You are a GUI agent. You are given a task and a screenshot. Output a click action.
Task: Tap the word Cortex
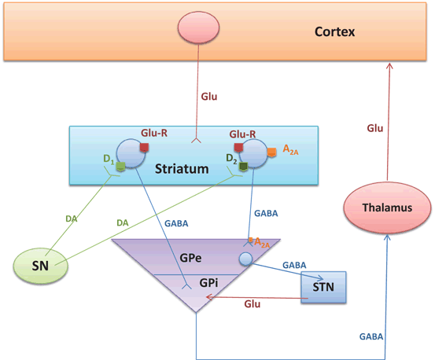tap(334, 32)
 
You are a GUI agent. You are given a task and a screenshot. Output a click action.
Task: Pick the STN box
tap(323, 287)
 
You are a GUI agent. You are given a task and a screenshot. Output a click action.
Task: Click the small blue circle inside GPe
tap(246, 259)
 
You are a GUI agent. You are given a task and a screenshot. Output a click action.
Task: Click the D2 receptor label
tap(232, 160)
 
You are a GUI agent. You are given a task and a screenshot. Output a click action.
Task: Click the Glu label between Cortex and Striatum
tap(208, 97)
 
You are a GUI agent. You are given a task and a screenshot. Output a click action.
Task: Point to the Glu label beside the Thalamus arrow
tap(376, 127)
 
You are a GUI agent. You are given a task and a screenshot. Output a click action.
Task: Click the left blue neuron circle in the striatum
tap(130, 153)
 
